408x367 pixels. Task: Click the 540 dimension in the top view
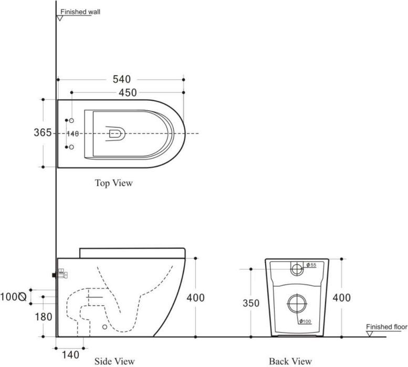121,79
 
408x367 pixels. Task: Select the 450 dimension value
128,92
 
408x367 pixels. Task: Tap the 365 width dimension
43,133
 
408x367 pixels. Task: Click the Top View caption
114,183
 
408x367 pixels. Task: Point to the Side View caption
114,361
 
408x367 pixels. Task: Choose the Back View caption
290,361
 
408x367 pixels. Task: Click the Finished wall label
80,12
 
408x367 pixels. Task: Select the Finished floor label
386,327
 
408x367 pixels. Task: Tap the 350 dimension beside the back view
251,303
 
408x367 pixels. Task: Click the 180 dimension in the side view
44,317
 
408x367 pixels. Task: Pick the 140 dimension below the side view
70,355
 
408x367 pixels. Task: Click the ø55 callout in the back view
311,265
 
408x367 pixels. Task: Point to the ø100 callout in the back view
305,321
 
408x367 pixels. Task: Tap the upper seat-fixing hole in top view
71,120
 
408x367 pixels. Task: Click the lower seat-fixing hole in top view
71,147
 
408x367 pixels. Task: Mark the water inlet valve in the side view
60,274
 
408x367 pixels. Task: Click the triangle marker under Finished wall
60,18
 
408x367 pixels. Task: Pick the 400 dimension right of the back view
341,298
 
